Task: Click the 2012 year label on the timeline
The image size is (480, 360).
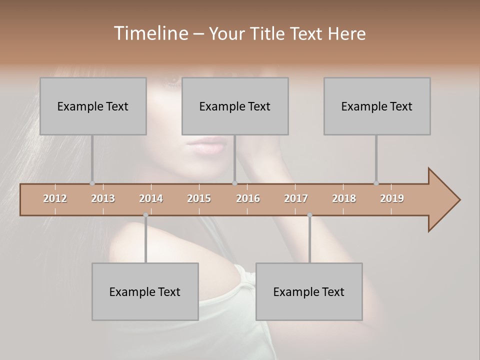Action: [55, 198]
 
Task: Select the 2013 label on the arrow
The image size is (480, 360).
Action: [103, 198]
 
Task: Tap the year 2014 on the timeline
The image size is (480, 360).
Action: [151, 198]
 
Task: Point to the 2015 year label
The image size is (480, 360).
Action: [199, 198]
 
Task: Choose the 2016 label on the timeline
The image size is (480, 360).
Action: [248, 198]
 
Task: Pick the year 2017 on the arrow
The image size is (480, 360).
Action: [296, 198]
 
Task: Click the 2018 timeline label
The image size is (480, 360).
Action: [344, 198]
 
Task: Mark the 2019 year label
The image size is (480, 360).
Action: [392, 198]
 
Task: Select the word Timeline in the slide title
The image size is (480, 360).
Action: [150, 33]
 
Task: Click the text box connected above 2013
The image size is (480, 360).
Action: [93, 106]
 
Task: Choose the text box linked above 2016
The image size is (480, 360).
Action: [235, 106]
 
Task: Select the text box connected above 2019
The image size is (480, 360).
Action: [377, 106]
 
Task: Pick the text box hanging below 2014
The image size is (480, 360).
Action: [145, 291]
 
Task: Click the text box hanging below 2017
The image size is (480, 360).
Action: [309, 291]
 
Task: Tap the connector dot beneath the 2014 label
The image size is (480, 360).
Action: [145, 215]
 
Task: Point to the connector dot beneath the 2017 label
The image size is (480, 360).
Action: [309, 215]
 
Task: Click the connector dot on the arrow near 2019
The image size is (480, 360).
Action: [376, 183]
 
